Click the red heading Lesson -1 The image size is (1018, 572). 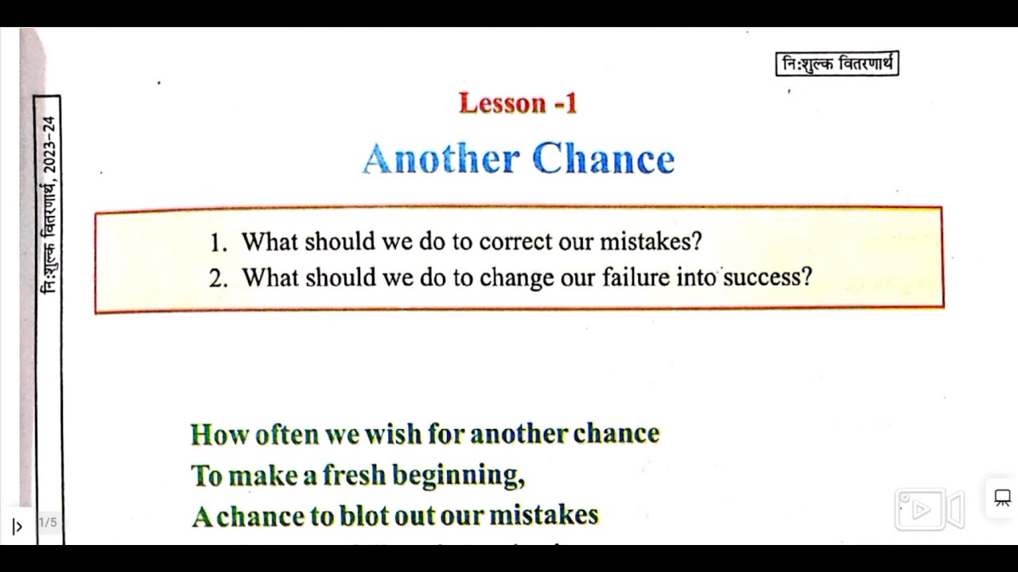pyautogui.click(x=518, y=103)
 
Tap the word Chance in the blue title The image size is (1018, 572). pyautogui.click(x=603, y=159)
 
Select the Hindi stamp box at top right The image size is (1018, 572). pyautogui.click(x=837, y=64)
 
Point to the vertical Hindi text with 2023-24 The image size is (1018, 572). pyautogui.click(x=49, y=205)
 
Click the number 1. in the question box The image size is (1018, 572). pyautogui.click(x=219, y=242)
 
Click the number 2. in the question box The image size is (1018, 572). pyautogui.click(x=219, y=278)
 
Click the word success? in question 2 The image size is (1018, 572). pyautogui.click(x=767, y=277)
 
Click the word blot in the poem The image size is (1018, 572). pyautogui.click(x=364, y=516)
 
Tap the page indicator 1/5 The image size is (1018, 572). pyautogui.click(x=48, y=522)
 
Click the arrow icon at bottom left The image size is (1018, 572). pyautogui.click(x=17, y=526)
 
